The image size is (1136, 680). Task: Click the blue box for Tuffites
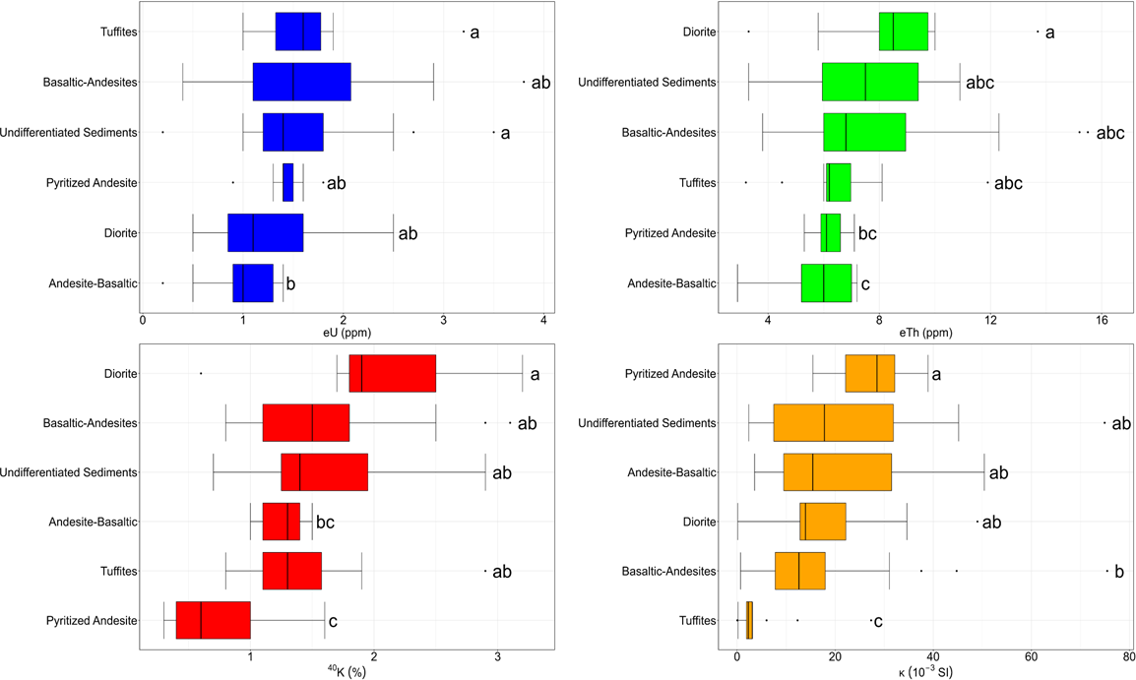(298, 31)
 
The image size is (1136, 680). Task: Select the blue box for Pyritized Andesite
(288, 183)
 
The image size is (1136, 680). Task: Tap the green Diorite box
(904, 31)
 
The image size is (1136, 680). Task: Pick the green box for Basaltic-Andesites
(864, 132)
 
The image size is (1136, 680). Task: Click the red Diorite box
(392, 374)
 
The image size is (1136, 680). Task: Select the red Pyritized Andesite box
(213, 620)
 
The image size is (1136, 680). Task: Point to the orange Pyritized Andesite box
(870, 374)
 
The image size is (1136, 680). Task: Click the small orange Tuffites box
(749, 620)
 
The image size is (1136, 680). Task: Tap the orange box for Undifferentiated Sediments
(833, 423)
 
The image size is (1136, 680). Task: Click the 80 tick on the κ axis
(1128, 657)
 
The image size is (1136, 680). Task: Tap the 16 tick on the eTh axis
(1102, 321)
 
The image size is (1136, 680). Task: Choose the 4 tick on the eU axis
(543, 321)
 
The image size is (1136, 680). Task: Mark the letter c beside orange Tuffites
(878, 621)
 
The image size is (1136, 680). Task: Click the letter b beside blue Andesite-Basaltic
(290, 284)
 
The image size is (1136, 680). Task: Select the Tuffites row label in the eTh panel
(698, 183)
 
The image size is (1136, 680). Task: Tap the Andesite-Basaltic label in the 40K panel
(93, 522)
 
